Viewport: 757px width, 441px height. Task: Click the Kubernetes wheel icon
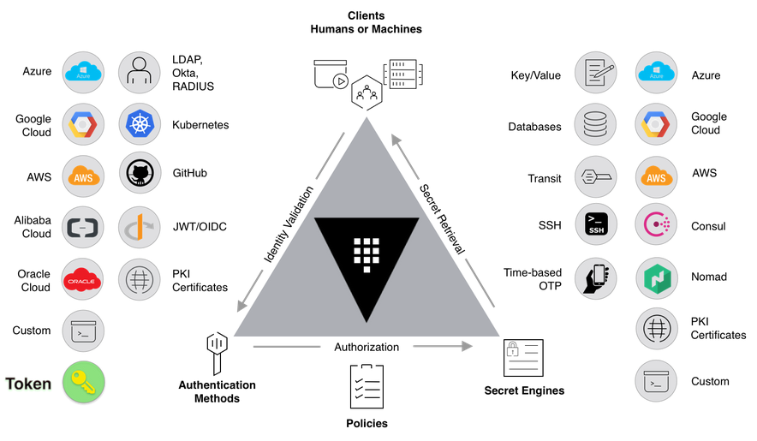[x=139, y=124]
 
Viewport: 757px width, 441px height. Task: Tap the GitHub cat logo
[x=139, y=174]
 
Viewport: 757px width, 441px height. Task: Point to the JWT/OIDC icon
[x=139, y=227]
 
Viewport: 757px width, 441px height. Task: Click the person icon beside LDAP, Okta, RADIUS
[x=139, y=74]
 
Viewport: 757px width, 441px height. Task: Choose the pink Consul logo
[x=657, y=226]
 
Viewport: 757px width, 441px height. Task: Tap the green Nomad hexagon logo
[x=657, y=277]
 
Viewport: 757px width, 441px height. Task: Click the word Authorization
[x=366, y=347]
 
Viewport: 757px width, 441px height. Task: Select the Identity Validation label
[x=288, y=223]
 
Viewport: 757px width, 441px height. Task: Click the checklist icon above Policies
[x=367, y=386]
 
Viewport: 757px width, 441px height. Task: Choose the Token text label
[x=28, y=384]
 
